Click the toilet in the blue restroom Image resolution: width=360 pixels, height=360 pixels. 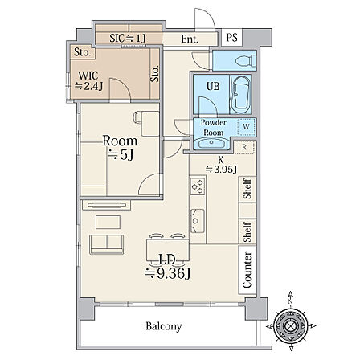tap(246, 61)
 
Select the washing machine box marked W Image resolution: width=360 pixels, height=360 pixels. tap(247, 126)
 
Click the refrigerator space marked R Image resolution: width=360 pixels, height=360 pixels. tap(244, 147)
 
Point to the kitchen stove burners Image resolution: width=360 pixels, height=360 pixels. tap(198, 186)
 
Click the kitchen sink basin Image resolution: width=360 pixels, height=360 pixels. tap(198, 221)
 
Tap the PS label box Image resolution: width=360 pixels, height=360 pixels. tap(231, 38)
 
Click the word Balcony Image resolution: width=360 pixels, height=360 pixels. tap(164, 326)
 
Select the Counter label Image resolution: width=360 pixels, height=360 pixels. tap(247, 270)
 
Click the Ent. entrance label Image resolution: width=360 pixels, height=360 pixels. tap(190, 39)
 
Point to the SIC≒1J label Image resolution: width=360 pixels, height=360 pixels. tap(128, 39)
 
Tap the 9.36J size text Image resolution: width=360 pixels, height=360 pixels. tap(167, 274)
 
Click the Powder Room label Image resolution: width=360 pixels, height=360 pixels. tap(214, 128)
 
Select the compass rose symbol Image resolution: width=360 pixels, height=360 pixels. tap(291, 326)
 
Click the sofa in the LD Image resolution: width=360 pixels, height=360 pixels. tap(107, 244)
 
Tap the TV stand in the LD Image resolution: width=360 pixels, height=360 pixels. tap(107, 205)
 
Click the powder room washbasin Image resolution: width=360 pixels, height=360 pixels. tap(211, 143)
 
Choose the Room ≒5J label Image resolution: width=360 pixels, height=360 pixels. tap(120, 148)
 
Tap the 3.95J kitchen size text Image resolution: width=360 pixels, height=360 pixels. tap(221, 169)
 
